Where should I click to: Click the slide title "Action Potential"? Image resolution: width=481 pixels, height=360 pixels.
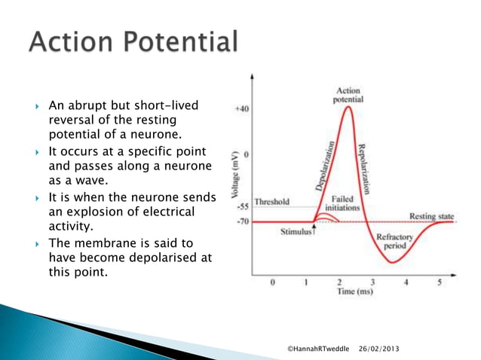tap(133, 43)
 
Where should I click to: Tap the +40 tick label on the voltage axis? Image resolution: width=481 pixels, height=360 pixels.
tap(240, 108)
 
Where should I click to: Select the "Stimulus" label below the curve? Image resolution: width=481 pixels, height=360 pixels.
tap(296, 232)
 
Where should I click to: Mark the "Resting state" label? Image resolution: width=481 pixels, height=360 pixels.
tap(432, 217)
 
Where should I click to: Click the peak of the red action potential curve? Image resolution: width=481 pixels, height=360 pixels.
tap(348, 106)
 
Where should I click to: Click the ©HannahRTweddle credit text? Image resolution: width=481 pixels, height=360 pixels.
tap(319, 349)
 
